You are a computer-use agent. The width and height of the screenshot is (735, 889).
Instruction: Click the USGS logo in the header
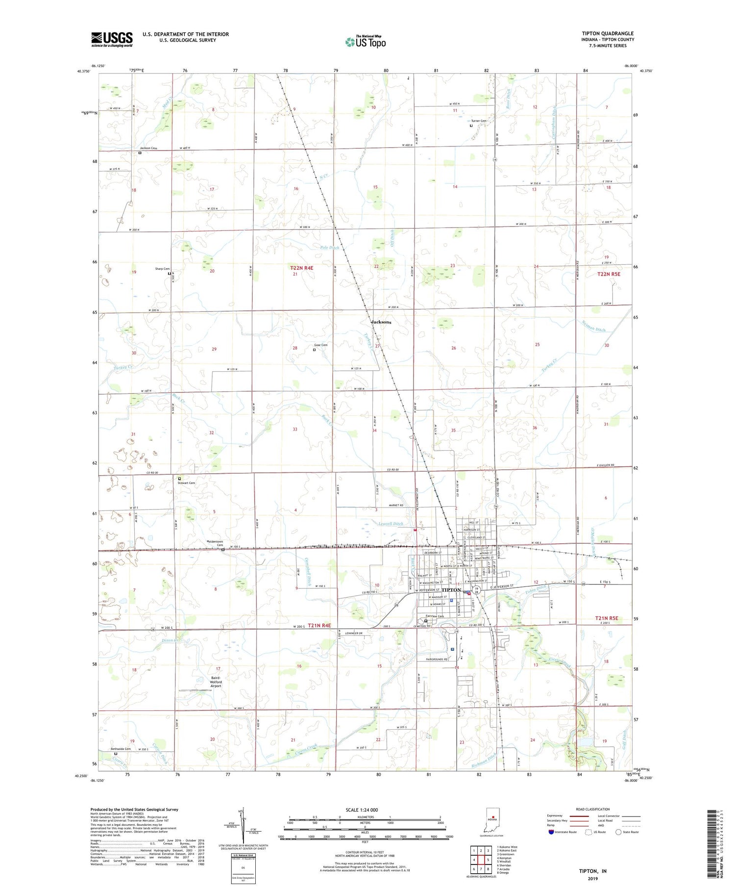[x=112, y=39]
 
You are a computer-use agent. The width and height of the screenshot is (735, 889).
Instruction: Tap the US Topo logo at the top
[x=366, y=42]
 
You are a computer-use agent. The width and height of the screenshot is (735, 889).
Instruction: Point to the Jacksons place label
[x=381, y=322]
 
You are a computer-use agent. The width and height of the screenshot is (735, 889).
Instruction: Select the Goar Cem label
[x=320, y=345]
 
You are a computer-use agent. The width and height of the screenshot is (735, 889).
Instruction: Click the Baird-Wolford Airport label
[x=216, y=682]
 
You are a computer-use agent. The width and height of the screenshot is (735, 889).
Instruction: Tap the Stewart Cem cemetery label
[x=186, y=483]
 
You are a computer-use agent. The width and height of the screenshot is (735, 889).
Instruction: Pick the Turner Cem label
[x=479, y=121]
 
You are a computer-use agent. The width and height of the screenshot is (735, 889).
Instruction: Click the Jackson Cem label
[x=148, y=148]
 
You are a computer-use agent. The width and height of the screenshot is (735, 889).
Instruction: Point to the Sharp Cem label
[x=162, y=269]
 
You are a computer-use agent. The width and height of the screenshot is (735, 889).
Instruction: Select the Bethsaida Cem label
[x=121, y=749]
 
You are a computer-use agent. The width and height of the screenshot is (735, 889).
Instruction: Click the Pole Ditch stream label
[x=330, y=248]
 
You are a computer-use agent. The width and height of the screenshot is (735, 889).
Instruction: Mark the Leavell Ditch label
[x=391, y=524]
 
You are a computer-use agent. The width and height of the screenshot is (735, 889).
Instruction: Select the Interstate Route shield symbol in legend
[x=551, y=832]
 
